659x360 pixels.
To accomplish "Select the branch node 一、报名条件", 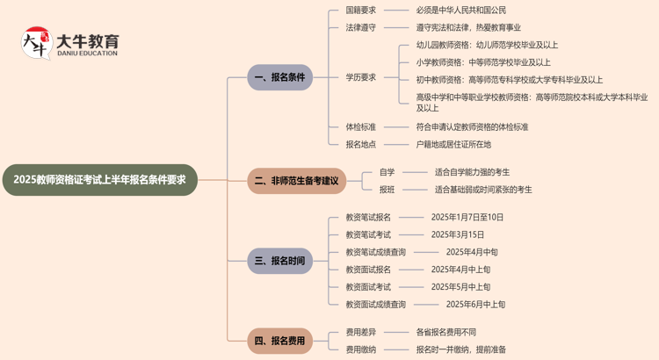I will pos(279,77).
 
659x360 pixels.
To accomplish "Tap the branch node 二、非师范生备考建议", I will pos(296,181).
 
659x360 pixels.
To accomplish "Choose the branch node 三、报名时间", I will pos(279,261).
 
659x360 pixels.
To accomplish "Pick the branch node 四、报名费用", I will pos(279,340).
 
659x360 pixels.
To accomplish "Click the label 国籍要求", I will pos(360,11).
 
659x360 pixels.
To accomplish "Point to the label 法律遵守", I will pos(360,27).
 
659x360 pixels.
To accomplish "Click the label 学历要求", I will pos(360,77).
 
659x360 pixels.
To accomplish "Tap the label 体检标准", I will pos(360,127).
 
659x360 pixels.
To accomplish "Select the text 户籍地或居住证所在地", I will pos(453,144).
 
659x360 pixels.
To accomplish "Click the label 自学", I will pos(387,172).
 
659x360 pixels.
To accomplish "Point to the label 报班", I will pos(387,189).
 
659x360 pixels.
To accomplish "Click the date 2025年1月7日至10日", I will pos(467,217).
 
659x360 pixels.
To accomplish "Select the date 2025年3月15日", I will pos(457,234).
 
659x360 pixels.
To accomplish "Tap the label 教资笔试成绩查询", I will pos(375,252).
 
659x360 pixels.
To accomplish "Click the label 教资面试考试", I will pos(368,287).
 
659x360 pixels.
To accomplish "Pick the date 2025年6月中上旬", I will pos(475,305).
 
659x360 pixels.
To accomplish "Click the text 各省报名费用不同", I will pos(445,332).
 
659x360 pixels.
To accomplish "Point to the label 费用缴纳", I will pos(360,349).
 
